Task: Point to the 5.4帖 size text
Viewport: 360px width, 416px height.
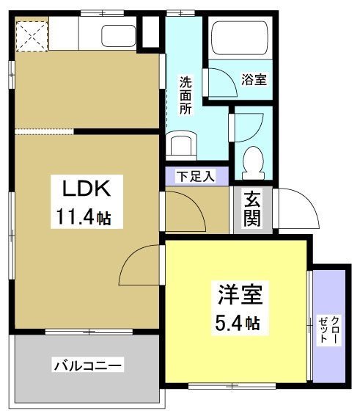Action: tap(237, 322)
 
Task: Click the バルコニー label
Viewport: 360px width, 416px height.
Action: tap(87, 365)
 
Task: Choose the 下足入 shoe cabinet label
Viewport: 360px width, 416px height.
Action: tap(195, 177)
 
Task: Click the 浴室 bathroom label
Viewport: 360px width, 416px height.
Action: tap(254, 79)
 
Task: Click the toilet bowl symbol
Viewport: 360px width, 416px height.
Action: tap(253, 158)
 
